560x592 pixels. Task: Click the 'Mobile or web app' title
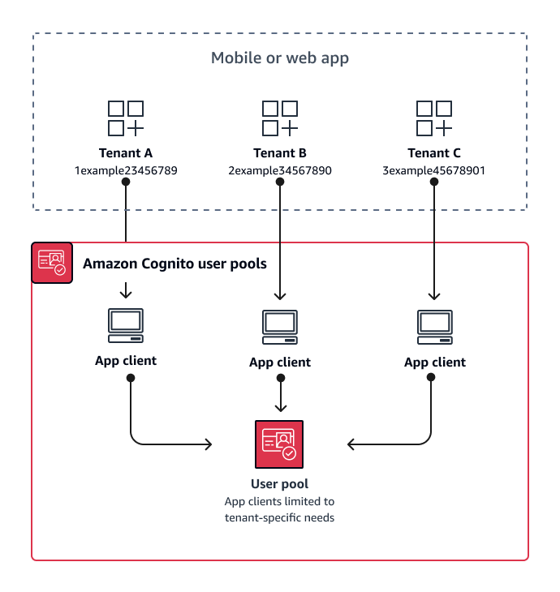coord(280,58)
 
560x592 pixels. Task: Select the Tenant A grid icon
coord(126,118)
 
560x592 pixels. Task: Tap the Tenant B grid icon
coord(280,118)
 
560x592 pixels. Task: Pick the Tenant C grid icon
coord(434,118)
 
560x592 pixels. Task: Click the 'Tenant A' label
coord(126,152)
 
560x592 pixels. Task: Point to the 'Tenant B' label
coord(280,152)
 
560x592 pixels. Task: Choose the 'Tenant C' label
coord(434,152)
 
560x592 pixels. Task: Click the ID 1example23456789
coord(126,170)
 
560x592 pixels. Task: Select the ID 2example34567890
coord(280,170)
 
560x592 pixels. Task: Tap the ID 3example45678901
coord(434,170)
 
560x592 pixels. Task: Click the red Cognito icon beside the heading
coord(52,263)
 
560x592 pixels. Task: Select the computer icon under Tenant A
coord(126,324)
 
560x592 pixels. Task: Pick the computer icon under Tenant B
coord(280,326)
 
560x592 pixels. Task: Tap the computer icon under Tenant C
coord(434,326)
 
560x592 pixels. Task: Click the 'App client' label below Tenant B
coord(280,362)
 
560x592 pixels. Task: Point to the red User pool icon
coord(279,444)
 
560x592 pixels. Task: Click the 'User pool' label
coord(280,484)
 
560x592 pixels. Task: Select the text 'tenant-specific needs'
coord(280,517)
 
